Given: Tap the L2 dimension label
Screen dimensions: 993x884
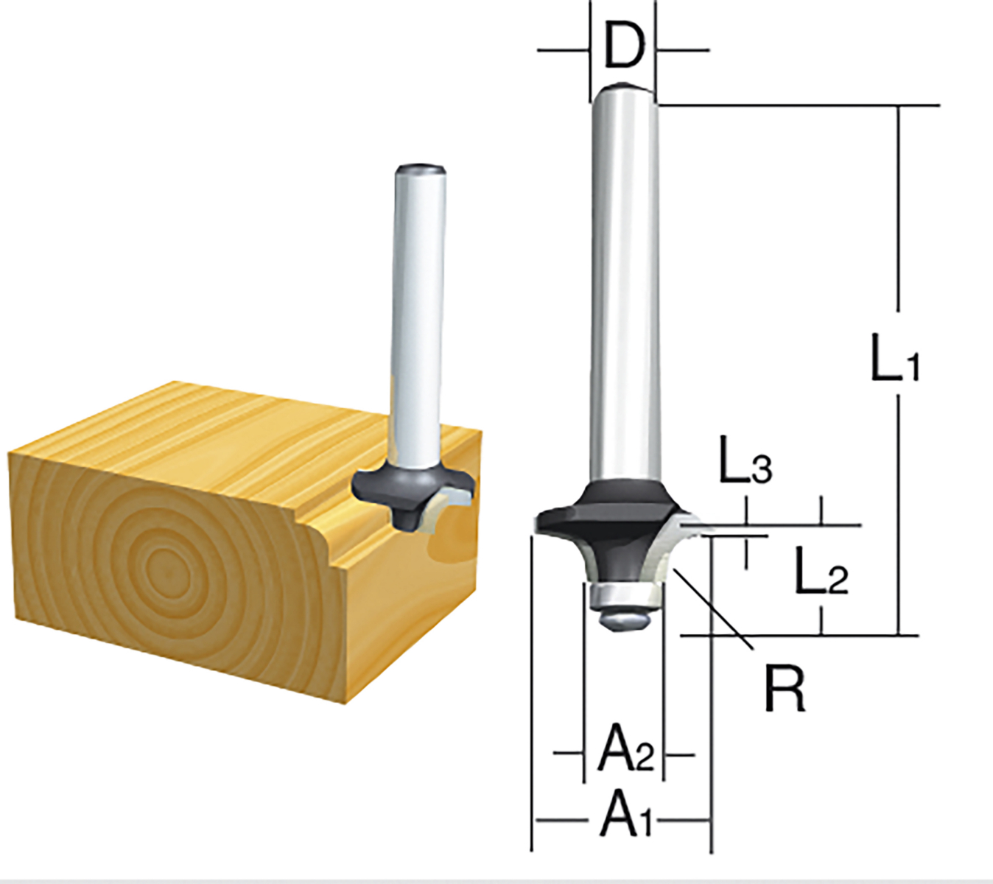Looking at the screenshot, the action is tap(821, 571).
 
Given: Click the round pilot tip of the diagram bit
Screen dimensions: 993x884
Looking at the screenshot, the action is tap(625, 619).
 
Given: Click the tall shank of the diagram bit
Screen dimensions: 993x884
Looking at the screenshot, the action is tap(625, 287).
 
